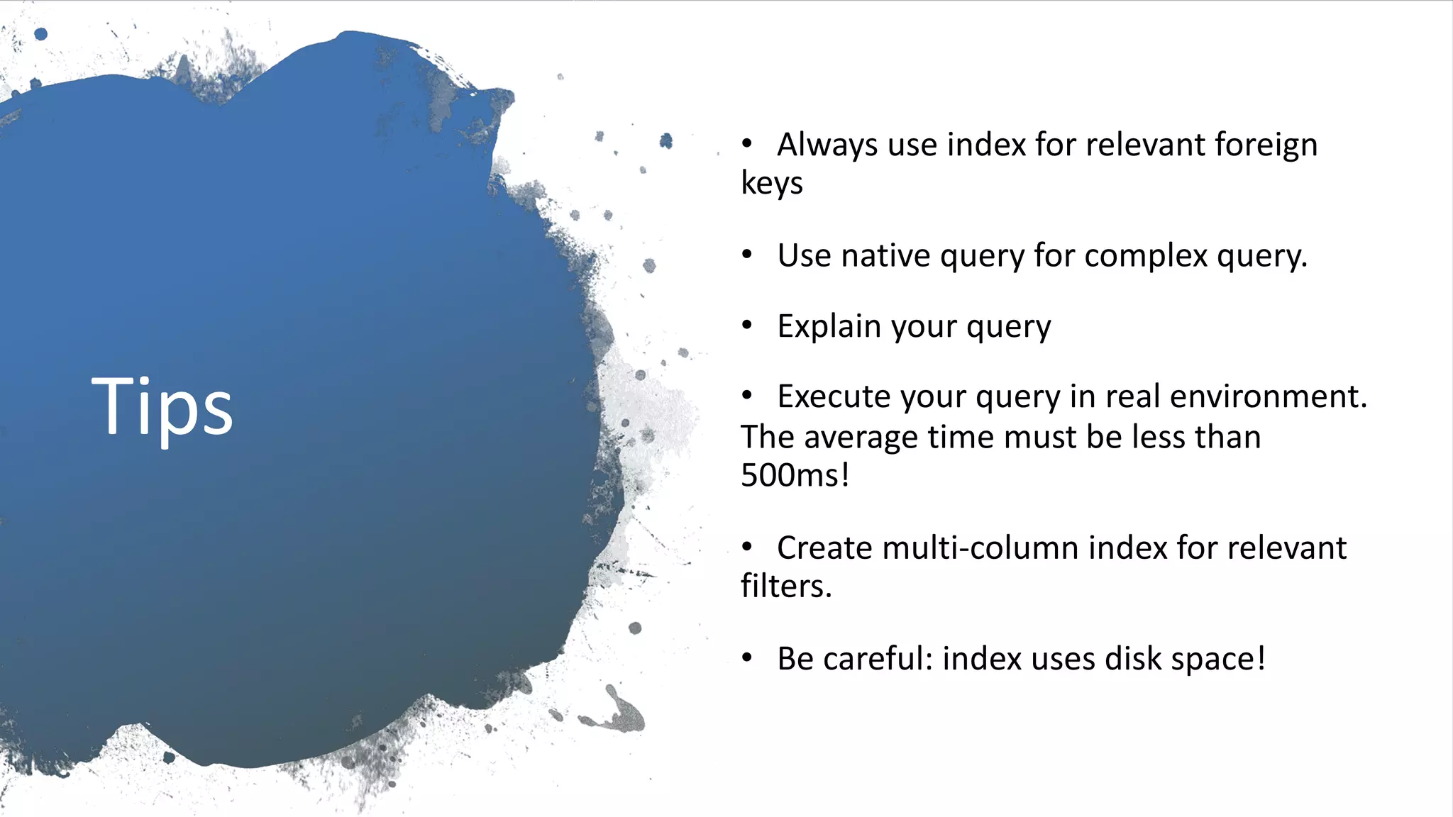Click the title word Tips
click(162, 408)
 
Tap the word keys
click(772, 184)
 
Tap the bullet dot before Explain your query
click(746, 326)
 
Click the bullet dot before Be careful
click(746, 657)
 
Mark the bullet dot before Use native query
click(746, 255)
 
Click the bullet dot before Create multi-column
click(746, 547)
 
